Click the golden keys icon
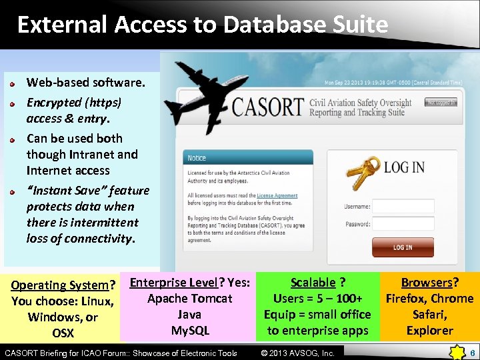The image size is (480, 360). [x=363, y=174]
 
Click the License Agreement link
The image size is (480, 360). [x=277, y=196]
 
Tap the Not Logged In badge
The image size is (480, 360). [x=441, y=103]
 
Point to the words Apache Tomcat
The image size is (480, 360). [x=190, y=299]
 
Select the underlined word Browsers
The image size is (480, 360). [x=426, y=283]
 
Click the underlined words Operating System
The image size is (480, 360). [x=59, y=285]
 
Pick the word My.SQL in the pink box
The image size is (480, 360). [x=190, y=331]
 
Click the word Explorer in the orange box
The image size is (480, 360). [x=429, y=331]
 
